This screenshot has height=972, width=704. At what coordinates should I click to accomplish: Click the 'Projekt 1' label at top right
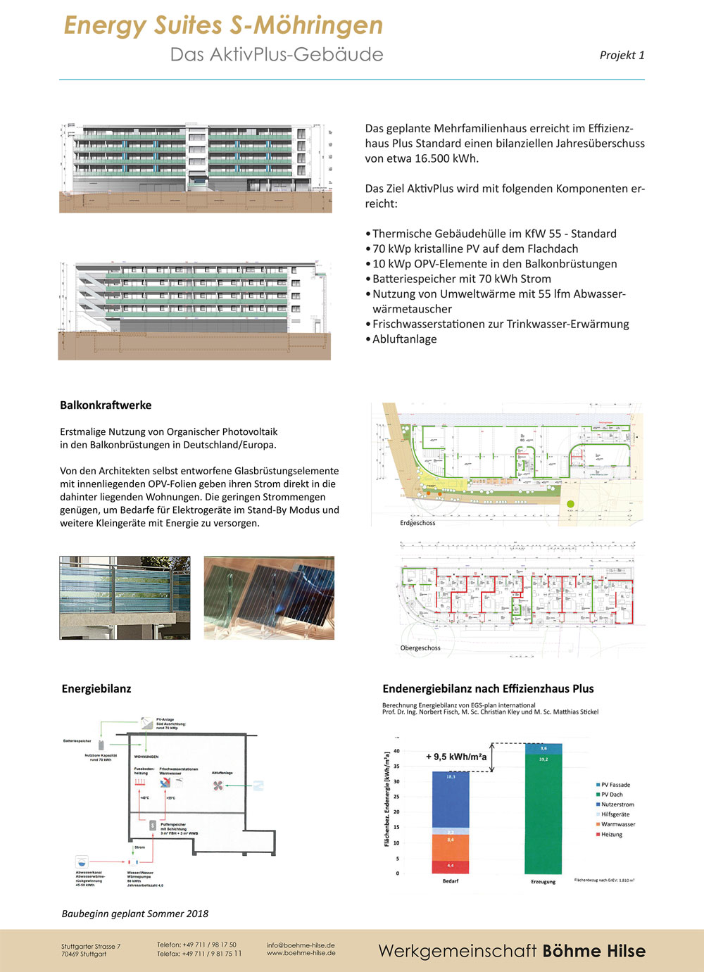click(622, 55)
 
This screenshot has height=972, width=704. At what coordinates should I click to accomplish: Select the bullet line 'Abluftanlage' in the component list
click(404, 339)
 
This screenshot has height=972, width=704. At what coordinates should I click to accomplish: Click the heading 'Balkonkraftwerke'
click(106, 405)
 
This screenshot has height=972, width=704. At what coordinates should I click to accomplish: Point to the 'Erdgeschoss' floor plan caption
click(417, 523)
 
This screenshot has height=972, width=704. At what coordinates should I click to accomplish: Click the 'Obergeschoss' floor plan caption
click(420, 648)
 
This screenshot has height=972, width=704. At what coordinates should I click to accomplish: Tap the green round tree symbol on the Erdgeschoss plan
click(570, 504)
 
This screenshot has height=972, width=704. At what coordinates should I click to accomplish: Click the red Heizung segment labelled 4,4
click(451, 866)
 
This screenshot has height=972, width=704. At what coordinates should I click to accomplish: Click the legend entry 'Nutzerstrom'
click(617, 804)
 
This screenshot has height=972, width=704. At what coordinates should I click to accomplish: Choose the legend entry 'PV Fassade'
click(615, 785)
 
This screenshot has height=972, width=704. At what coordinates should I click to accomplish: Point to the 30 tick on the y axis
click(396, 782)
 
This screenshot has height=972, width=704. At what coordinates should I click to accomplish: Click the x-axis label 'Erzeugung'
click(543, 882)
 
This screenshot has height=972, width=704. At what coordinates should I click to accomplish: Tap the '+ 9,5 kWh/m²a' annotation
click(456, 757)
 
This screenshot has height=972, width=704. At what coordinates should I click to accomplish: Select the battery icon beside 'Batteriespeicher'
click(101, 745)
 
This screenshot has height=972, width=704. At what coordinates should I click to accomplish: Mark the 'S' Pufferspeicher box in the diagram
click(153, 824)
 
